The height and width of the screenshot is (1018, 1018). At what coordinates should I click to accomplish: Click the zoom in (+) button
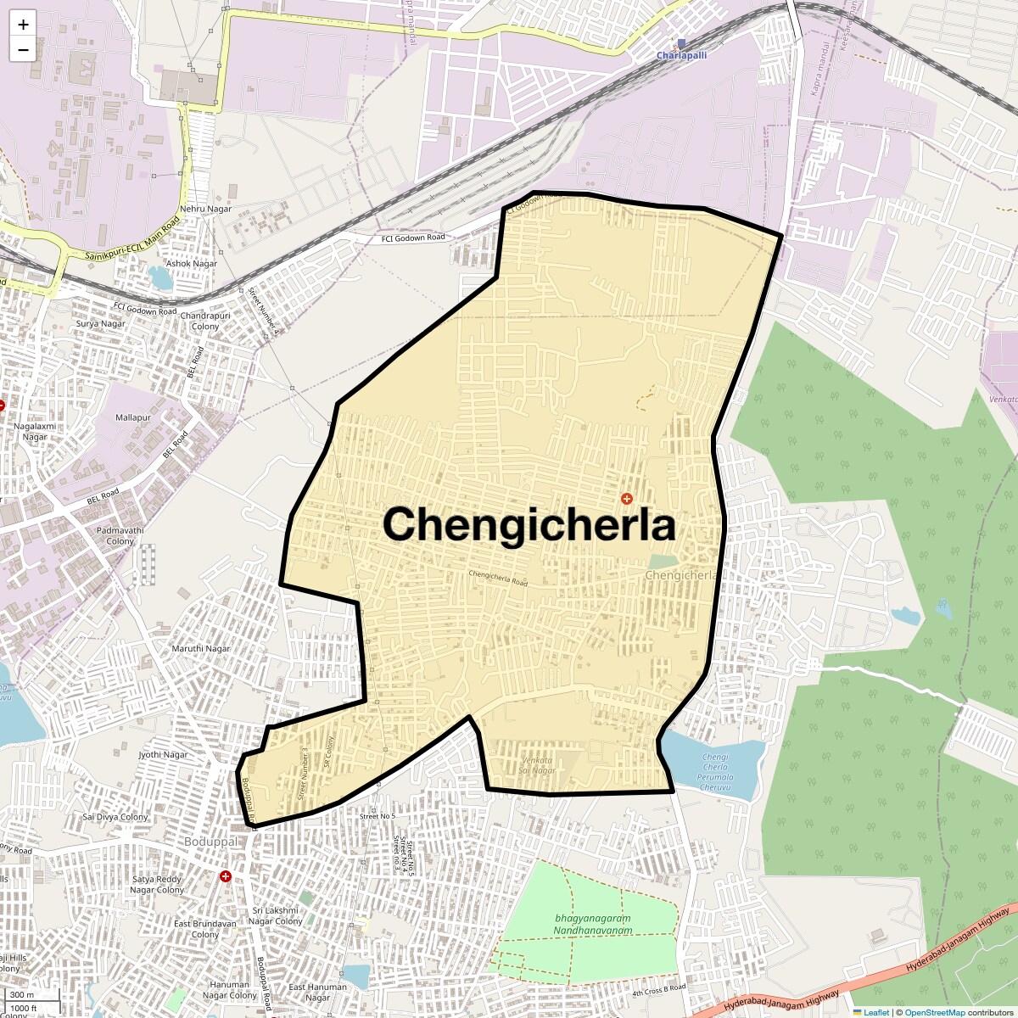click(23, 25)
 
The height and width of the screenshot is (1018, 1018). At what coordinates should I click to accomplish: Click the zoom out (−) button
click(23, 50)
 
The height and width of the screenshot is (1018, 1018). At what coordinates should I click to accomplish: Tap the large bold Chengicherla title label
click(529, 524)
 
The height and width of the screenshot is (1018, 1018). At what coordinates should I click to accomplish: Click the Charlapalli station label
click(681, 55)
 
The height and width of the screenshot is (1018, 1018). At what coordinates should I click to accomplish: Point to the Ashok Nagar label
click(192, 264)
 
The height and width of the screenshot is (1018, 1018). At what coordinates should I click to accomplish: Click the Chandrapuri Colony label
click(205, 321)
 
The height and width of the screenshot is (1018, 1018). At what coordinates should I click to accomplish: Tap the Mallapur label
click(133, 417)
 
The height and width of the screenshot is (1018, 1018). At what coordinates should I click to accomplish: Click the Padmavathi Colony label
click(120, 535)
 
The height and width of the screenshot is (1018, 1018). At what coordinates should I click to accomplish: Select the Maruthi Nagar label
click(201, 649)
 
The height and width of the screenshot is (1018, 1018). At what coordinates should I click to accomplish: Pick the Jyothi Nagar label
click(163, 754)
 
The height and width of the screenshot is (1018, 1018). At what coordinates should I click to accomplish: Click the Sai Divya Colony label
click(115, 817)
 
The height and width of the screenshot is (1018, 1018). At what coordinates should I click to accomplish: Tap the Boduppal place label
click(210, 842)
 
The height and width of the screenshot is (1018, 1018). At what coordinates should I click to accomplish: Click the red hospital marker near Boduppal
click(226, 876)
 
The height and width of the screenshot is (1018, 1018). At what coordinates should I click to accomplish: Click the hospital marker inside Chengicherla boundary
click(627, 499)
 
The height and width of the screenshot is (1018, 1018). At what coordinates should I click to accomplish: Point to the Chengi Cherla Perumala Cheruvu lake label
click(715, 772)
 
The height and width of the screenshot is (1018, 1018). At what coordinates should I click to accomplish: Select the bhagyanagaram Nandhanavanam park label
click(593, 924)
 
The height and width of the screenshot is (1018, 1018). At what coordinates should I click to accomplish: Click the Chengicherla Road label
click(498, 578)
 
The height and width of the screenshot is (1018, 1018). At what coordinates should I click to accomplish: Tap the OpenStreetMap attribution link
click(934, 1012)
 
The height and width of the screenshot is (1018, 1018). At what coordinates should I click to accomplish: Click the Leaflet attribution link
click(875, 1012)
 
